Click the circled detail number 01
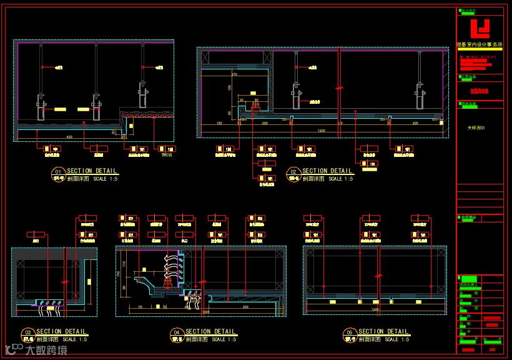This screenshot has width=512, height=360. (58, 171)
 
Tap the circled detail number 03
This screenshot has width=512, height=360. (27, 332)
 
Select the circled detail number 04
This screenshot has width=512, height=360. (177, 332)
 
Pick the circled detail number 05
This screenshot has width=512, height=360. (350, 332)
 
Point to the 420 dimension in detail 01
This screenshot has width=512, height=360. (69, 136)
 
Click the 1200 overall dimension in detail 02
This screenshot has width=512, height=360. (321, 130)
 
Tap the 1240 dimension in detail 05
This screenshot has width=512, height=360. (375, 309)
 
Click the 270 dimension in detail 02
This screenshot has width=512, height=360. (235, 75)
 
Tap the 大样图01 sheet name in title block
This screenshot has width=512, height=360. (476, 127)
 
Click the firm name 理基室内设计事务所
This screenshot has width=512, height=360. (480, 45)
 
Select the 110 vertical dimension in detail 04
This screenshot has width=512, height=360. (124, 263)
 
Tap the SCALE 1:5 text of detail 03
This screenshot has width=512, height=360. (74, 339)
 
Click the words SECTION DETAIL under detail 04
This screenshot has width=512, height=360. (210, 332)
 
